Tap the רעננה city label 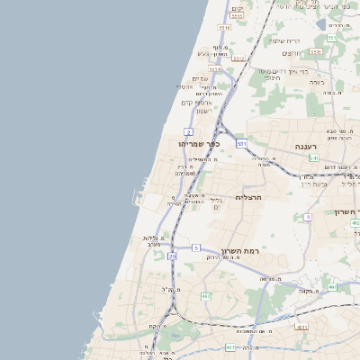(x=308, y=146)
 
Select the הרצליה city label (x=247, y=196)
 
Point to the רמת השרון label (x=239, y=251)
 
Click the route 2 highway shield (x=188, y=132)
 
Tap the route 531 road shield (x=241, y=143)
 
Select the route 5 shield (x=196, y=247)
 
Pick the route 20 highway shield (x=172, y=256)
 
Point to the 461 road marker (x=230, y=347)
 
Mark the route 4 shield (x=308, y=217)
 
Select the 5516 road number (x=223, y=29)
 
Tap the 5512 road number (x=238, y=58)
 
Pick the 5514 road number (x=214, y=68)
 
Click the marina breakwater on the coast (x=139, y=192)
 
